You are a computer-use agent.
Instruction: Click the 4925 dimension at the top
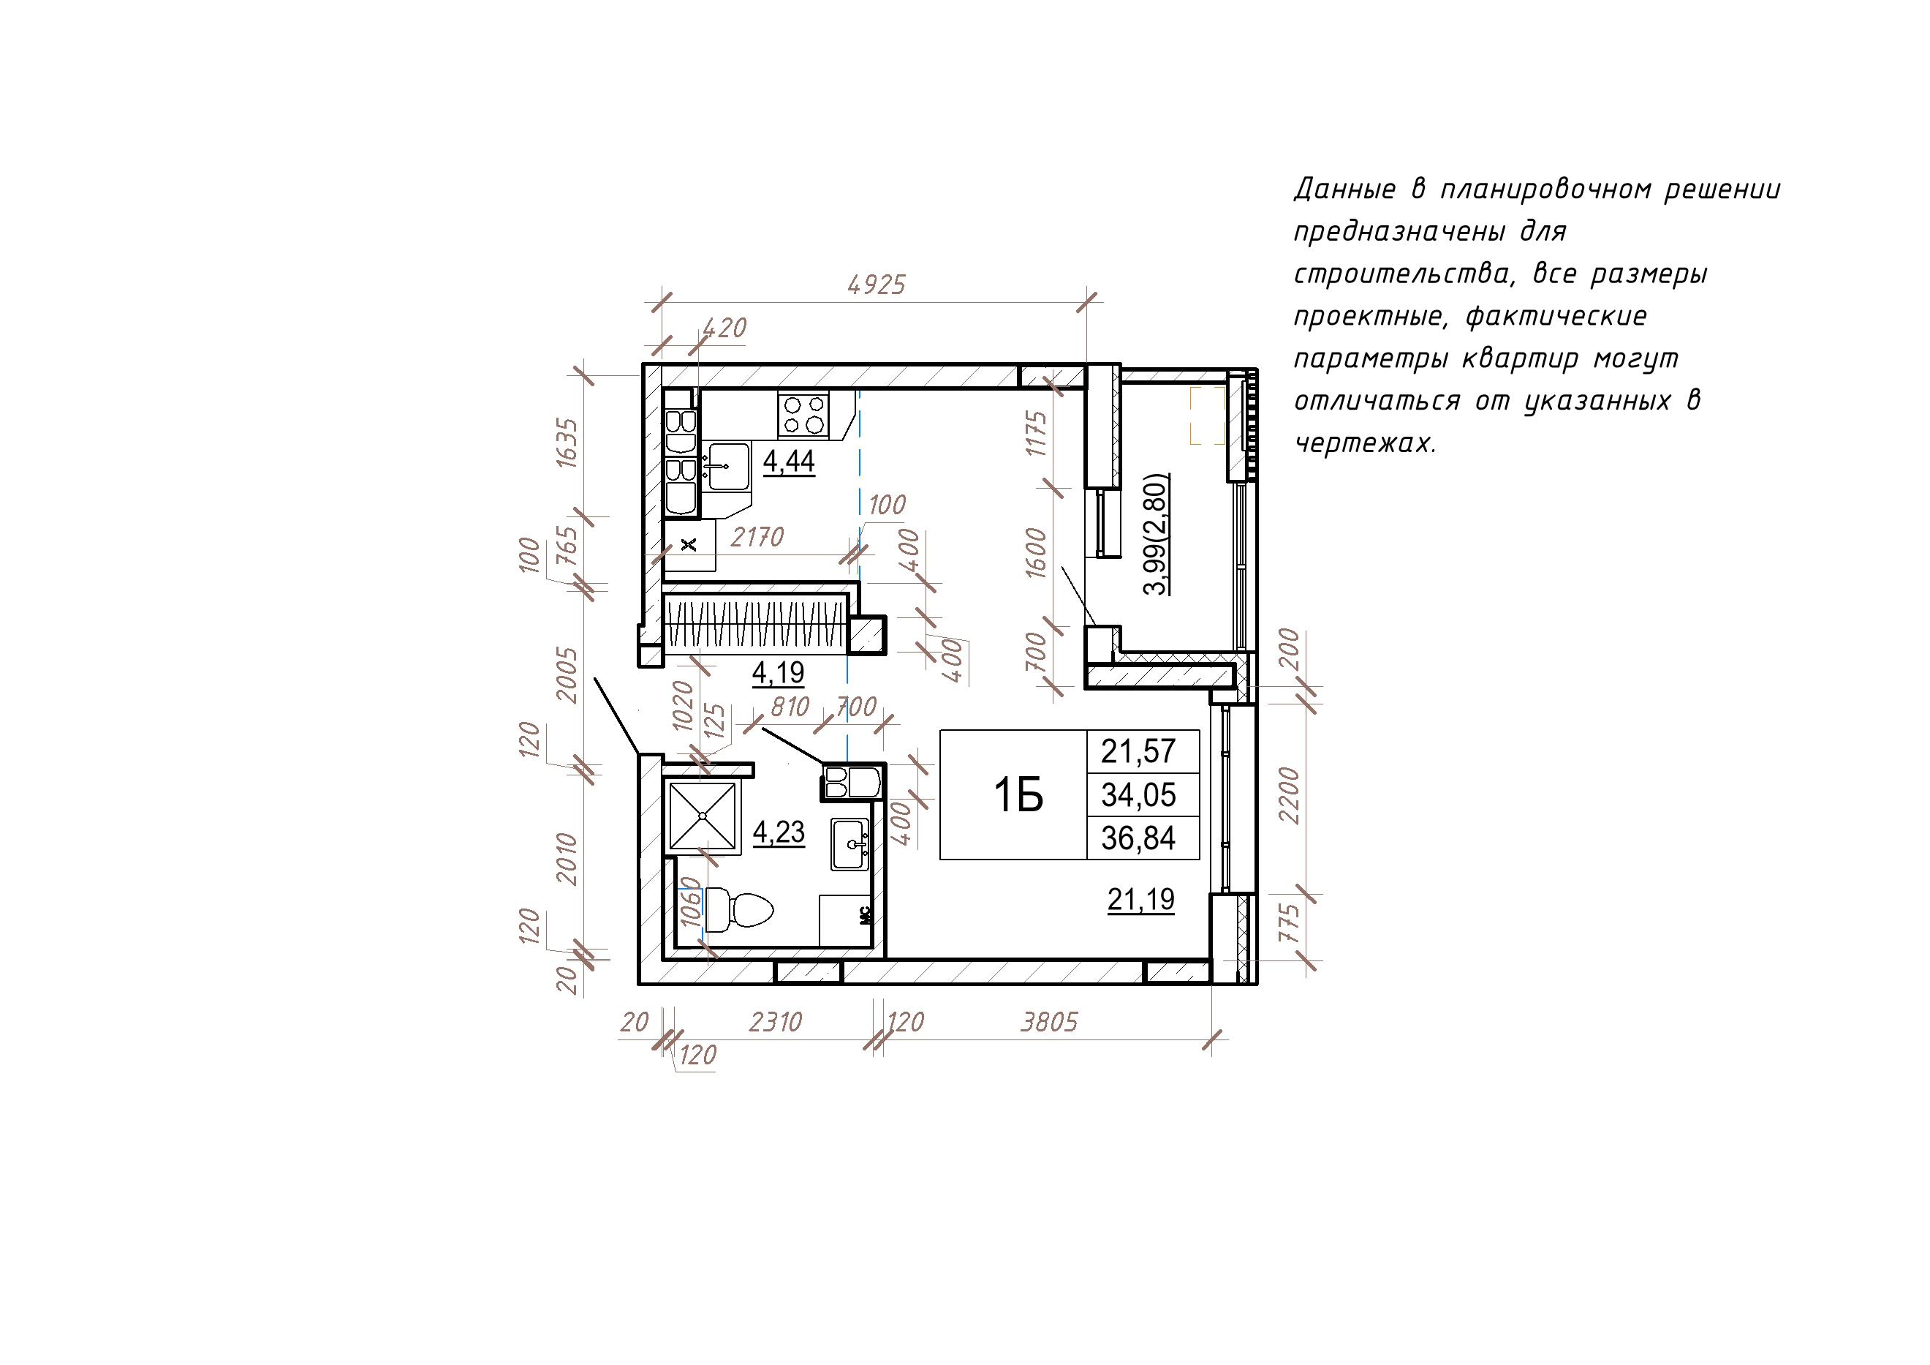[876, 285]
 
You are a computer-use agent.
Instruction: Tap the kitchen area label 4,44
[789, 462]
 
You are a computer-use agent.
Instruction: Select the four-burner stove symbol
[803, 415]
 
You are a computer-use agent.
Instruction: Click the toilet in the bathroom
[739, 909]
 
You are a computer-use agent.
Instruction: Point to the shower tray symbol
[703, 816]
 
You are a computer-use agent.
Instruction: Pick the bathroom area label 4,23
[779, 832]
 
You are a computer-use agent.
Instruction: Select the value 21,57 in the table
[1138, 751]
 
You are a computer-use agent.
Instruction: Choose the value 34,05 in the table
[1138, 794]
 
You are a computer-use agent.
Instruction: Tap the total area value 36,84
[1138, 838]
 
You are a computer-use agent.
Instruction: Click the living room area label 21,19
[1140, 900]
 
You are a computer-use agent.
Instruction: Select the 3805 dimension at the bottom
[1049, 1022]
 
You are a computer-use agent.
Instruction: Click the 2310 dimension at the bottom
[775, 1022]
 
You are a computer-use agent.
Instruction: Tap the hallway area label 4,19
[778, 673]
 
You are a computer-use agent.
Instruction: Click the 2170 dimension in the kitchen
[757, 537]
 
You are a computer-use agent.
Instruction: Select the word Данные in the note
[1345, 189]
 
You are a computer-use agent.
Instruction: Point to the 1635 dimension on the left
[567, 443]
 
